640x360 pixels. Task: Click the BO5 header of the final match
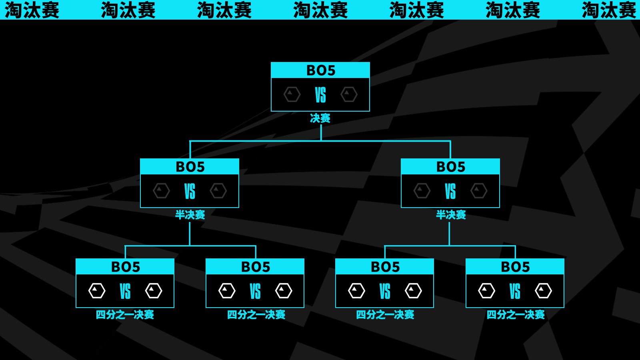tap(320, 70)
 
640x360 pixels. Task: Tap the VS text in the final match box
tap(320, 95)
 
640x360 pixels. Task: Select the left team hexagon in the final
tap(292, 94)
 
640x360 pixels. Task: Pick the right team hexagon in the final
tap(349, 94)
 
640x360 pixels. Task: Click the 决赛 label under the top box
tap(320, 118)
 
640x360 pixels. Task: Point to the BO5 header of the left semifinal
tap(190, 167)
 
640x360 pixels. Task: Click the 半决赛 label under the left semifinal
tap(190, 215)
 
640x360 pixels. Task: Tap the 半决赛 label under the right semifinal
tap(451, 215)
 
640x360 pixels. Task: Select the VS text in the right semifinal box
tap(450, 191)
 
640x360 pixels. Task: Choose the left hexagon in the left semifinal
tap(161, 191)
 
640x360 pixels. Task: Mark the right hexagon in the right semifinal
tap(479, 191)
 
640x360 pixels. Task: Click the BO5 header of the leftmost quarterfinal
tap(125, 267)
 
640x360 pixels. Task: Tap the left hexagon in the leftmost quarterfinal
tap(97, 291)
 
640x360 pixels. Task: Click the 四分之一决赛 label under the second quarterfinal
tap(256, 315)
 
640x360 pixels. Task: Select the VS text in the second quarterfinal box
tap(255, 291)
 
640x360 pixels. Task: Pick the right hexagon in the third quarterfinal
tap(413, 291)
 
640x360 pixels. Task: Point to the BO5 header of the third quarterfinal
tap(385, 267)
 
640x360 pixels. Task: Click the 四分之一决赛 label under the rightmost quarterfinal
tap(515, 315)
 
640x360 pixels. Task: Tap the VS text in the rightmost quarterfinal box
tap(515, 291)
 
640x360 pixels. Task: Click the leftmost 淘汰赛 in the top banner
tap(32, 10)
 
